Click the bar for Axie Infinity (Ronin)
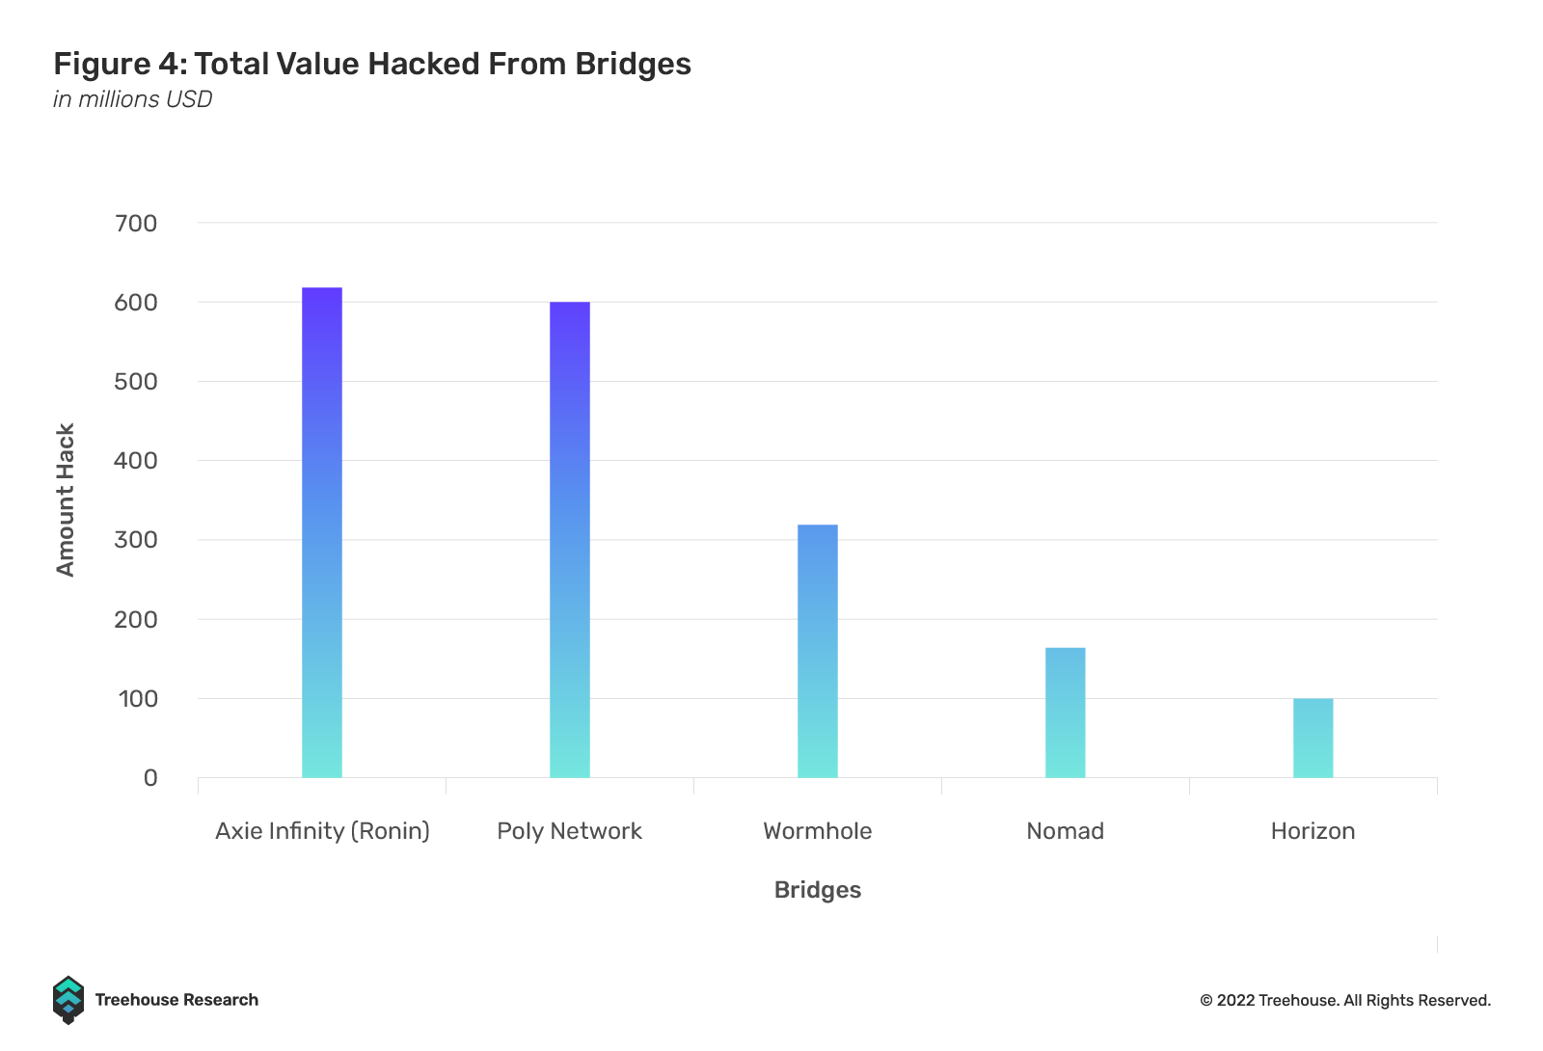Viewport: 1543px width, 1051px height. click(322, 532)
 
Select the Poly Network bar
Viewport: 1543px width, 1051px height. click(570, 540)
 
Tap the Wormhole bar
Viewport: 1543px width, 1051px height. click(818, 651)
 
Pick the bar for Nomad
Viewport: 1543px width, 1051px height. click(1066, 713)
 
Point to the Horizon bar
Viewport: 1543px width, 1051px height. click(1313, 738)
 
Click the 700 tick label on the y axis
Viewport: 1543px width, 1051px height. click(136, 224)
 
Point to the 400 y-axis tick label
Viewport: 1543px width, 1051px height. click(136, 461)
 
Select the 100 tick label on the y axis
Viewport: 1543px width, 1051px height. click(138, 699)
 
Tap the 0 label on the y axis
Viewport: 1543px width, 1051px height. click(150, 778)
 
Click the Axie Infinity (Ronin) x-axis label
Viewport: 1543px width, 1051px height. click(322, 831)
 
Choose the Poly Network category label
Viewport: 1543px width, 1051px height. click(570, 831)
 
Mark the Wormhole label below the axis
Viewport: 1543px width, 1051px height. click(818, 831)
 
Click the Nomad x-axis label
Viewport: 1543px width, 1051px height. click(1066, 831)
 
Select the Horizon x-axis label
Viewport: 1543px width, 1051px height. click(1313, 831)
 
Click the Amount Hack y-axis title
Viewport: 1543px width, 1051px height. click(66, 499)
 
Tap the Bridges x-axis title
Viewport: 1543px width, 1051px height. click(818, 890)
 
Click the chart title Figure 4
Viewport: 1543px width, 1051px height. click(372, 64)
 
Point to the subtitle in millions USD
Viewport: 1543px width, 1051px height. click(133, 99)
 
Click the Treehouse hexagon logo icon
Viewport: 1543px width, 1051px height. click(68, 1000)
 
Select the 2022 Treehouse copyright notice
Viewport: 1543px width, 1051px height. click(1345, 1001)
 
